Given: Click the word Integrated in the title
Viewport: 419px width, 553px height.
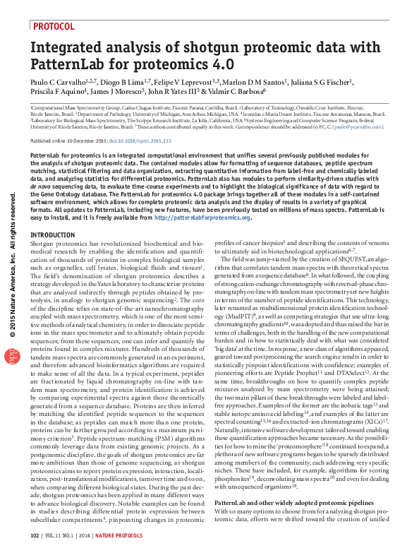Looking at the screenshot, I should coord(66,49).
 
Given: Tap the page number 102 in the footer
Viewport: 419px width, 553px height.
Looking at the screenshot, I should coord(35,536).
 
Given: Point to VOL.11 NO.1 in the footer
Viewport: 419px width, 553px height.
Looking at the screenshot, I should coord(66,536).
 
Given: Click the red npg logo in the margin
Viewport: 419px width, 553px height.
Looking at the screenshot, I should coord(12,357).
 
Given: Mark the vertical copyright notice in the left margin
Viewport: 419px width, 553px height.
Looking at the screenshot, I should coord(11,269).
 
